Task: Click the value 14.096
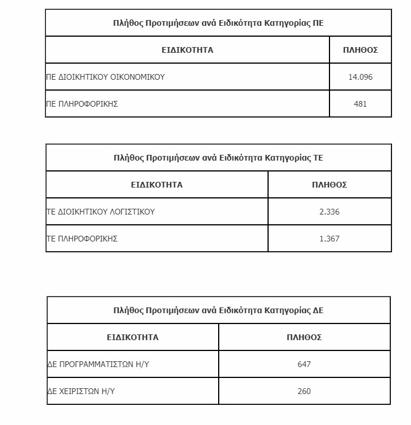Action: (x=360, y=77)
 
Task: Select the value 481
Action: (x=360, y=104)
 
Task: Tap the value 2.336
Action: (x=329, y=212)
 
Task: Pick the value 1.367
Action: (x=329, y=239)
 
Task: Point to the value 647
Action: (x=304, y=364)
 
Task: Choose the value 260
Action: (x=304, y=391)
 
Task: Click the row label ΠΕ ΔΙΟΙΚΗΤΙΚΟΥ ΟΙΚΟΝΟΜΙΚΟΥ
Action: (x=106, y=77)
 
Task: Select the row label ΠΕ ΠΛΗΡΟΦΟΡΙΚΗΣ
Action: (x=82, y=104)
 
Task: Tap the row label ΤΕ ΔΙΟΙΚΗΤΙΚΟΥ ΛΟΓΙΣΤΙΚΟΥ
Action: (x=101, y=212)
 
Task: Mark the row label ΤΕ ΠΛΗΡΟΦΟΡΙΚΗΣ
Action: (x=82, y=239)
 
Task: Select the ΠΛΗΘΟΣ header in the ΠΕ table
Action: (x=360, y=50)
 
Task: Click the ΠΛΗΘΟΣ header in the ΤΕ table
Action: (x=329, y=185)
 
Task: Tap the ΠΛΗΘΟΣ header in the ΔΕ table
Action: (x=304, y=337)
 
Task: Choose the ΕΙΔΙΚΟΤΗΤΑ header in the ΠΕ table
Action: (x=187, y=50)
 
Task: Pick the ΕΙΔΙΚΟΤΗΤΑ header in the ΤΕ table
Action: (x=157, y=185)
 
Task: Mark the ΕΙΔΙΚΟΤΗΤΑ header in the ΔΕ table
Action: (x=133, y=337)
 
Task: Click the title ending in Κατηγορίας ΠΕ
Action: (x=218, y=23)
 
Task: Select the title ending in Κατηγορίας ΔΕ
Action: (x=218, y=310)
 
